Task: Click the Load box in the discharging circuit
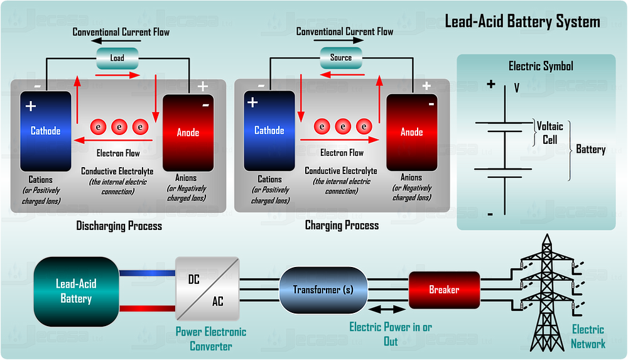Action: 117,58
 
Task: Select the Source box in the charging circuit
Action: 340,58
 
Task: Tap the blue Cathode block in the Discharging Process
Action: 46,131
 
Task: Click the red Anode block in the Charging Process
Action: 411,132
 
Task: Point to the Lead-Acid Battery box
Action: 76,291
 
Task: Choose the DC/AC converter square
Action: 207,290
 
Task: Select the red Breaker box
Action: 444,290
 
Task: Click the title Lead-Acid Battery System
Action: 522,22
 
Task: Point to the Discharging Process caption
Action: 119,226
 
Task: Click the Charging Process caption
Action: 342,225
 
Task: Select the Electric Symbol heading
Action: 540,66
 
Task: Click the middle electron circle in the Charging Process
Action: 342,126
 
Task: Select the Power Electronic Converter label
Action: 211,338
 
